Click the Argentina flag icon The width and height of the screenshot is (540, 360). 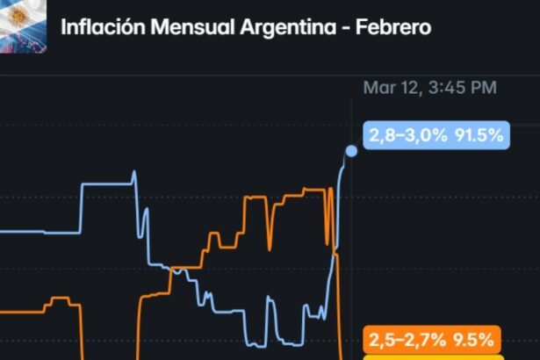coord(25,25)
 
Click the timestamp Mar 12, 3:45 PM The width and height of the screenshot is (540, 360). coord(429,87)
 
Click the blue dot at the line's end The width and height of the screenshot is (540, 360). coord(351,151)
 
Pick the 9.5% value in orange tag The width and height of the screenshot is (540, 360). coord(473,339)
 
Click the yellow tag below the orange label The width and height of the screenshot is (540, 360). coord(432,356)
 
